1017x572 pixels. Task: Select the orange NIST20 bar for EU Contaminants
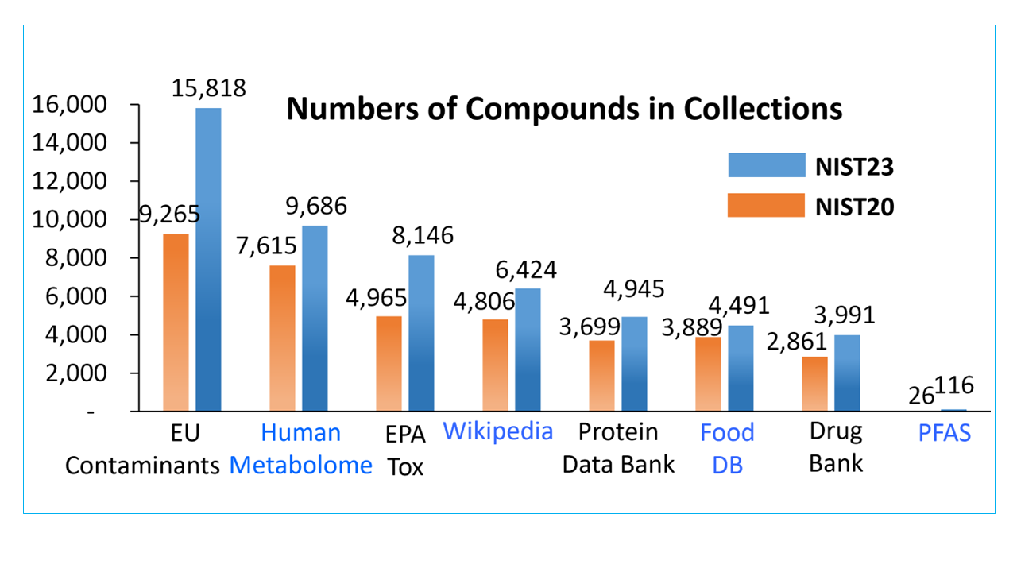pyautogui.click(x=176, y=322)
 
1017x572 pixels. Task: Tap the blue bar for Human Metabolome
pyautogui.click(x=315, y=318)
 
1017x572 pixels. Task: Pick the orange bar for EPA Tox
pyautogui.click(x=389, y=363)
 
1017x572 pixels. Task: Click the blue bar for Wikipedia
pyautogui.click(x=528, y=350)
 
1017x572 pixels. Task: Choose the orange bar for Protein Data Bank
pyautogui.click(x=601, y=375)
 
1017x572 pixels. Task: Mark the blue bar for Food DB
pyautogui.click(x=741, y=368)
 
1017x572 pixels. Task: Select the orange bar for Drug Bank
pyautogui.click(x=814, y=384)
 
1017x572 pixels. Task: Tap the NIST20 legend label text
pyautogui.click(x=854, y=207)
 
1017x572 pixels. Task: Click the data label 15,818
pyautogui.click(x=208, y=88)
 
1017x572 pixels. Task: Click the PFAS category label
pyautogui.click(x=944, y=434)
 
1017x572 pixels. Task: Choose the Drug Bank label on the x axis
pyautogui.click(x=835, y=447)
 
